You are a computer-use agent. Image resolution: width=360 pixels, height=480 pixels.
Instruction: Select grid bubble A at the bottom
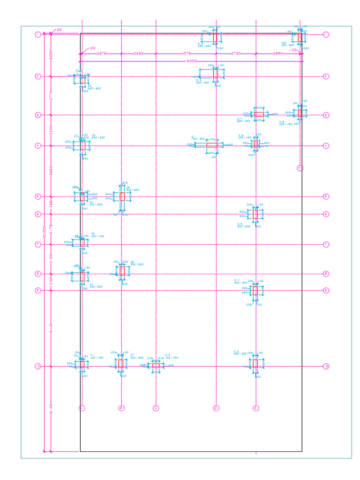click(82, 408)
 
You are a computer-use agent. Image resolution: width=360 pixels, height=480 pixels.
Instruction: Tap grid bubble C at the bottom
click(156, 408)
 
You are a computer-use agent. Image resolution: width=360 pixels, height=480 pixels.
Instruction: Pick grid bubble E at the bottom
click(256, 408)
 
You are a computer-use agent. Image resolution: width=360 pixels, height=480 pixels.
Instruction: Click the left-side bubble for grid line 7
click(38, 244)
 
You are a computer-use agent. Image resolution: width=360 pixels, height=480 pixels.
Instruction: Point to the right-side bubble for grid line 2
click(326, 76)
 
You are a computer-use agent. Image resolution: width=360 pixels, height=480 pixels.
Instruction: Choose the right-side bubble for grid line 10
click(326, 366)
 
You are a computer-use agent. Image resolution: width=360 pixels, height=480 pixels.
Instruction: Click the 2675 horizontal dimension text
click(101, 53)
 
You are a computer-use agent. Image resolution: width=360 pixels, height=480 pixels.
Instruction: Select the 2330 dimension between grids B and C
click(139, 53)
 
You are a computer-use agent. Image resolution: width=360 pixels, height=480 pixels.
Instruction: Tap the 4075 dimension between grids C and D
click(186, 53)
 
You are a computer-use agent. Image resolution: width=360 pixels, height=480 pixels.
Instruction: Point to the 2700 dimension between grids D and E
click(236, 53)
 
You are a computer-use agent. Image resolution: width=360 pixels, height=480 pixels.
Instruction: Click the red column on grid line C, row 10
click(156, 366)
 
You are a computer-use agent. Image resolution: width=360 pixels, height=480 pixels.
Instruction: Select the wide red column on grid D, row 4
click(212, 145)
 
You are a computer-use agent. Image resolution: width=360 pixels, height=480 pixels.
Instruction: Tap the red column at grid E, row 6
click(255, 214)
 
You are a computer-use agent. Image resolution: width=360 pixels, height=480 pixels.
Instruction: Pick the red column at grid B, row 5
click(122, 196)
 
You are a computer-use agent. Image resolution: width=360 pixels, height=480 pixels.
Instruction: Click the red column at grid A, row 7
click(82, 243)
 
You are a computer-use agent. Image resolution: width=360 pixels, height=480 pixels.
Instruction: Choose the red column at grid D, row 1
click(215, 37)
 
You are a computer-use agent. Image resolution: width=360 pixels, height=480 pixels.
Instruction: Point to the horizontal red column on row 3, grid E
click(259, 114)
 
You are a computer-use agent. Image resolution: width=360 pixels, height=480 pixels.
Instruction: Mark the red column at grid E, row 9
click(255, 291)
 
